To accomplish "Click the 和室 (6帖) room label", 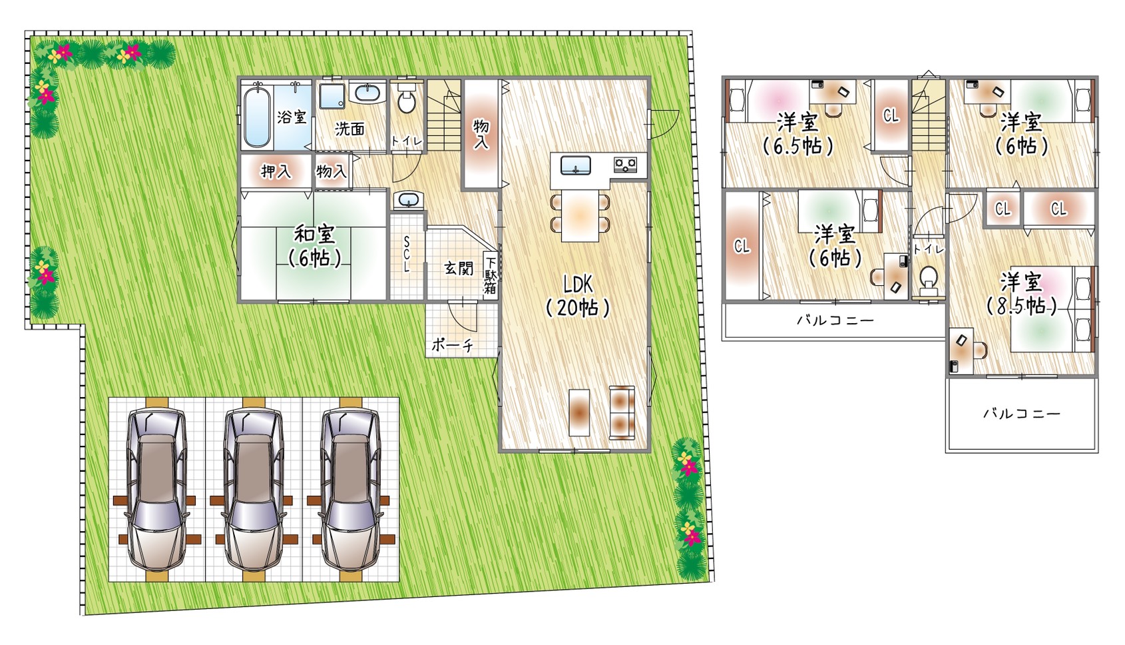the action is click(315, 247).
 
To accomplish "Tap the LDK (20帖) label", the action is click(578, 296).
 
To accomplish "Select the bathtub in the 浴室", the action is click(257, 116).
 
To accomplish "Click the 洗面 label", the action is click(349, 129).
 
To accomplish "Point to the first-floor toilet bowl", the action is click(407, 99).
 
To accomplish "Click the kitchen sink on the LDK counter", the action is click(575, 165).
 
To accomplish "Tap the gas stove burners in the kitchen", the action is click(625, 165).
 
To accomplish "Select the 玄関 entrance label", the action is click(459, 268).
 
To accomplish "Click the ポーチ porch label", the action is click(452, 345).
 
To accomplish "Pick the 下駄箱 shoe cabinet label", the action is click(490, 275).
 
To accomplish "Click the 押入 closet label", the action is click(276, 172).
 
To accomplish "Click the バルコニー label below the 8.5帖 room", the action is click(1022, 414).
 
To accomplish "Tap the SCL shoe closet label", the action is click(406, 254).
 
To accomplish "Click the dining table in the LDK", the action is click(580, 216).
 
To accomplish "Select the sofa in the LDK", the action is click(622, 412).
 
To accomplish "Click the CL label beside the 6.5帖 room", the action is click(891, 116).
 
